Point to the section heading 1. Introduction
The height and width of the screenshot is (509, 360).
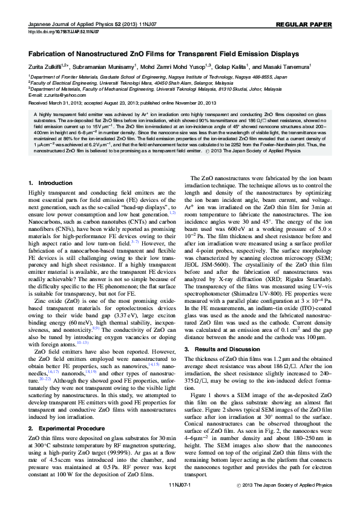click(50, 183)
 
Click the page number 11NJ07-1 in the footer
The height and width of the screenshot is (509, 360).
click(180, 502)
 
